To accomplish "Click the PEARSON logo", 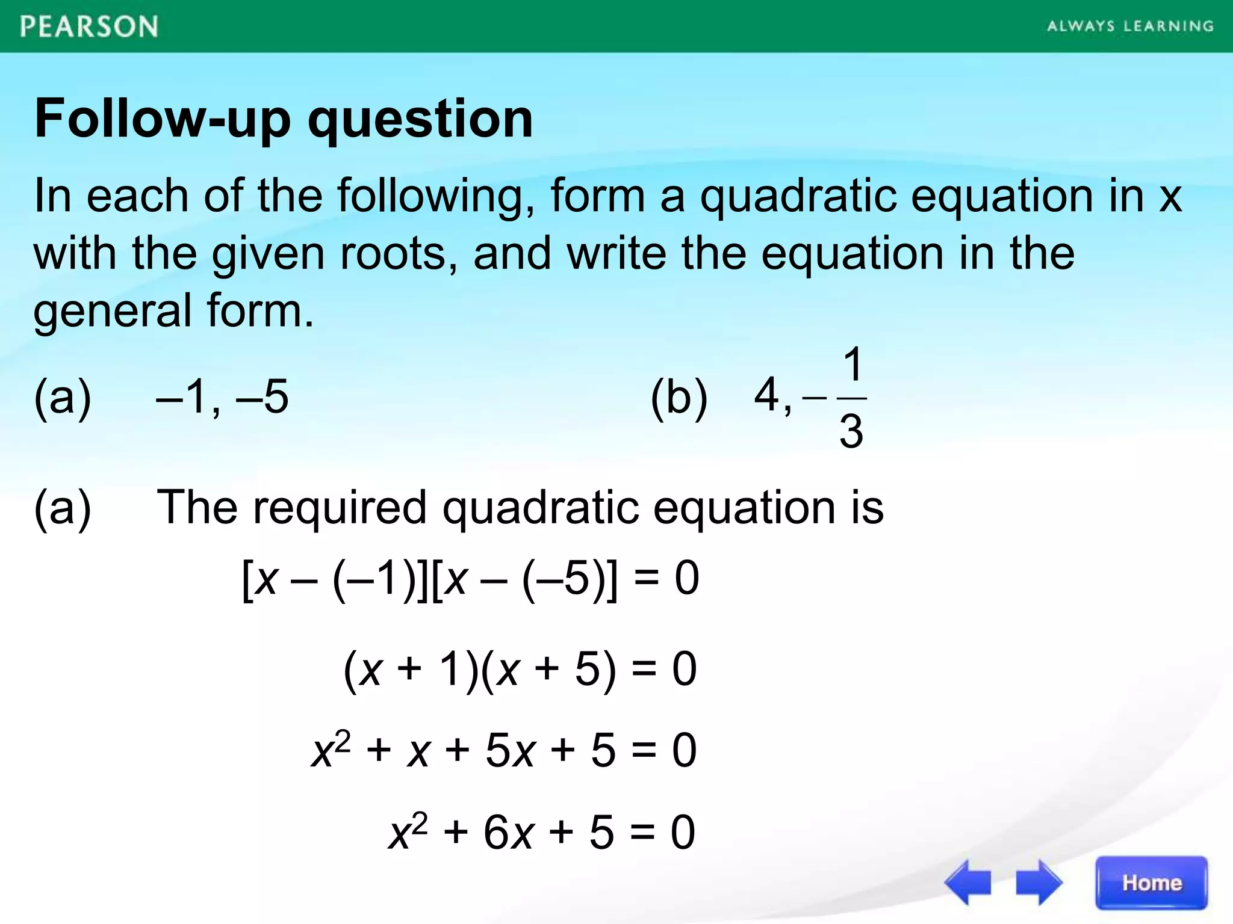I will pyautogui.click(x=89, y=27).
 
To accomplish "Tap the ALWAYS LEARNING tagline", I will pyautogui.click(x=1130, y=26).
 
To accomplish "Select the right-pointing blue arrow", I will pyautogui.click(x=1039, y=882).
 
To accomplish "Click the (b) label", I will pyautogui.click(x=679, y=397).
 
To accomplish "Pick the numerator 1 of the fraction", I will pyautogui.click(x=853, y=365).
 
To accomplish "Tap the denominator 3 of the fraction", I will pyautogui.click(x=851, y=431).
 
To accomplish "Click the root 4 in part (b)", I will pyautogui.click(x=767, y=395).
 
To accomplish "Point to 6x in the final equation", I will pyautogui.click(x=508, y=833).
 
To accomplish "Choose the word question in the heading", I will pyautogui.click(x=420, y=119).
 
